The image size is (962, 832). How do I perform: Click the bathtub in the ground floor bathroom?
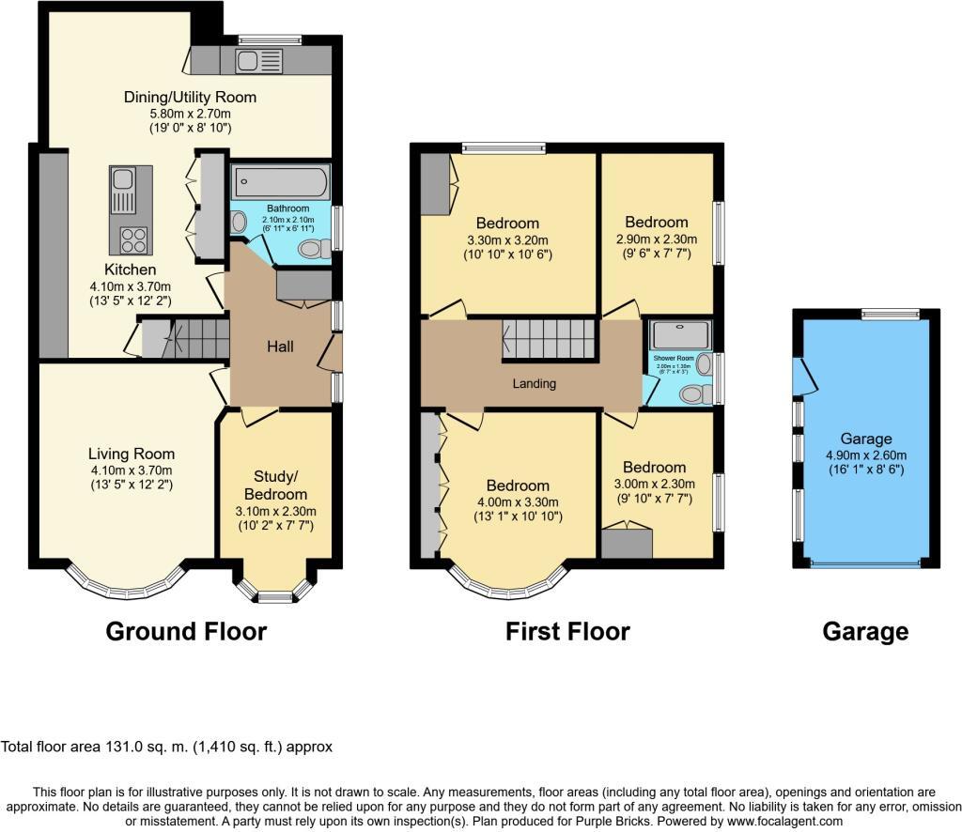click(x=280, y=180)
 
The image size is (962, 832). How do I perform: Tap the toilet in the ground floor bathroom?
click(x=314, y=249)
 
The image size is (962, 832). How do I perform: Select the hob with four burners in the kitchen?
click(x=132, y=240)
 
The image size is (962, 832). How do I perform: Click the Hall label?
click(x=280, y=347)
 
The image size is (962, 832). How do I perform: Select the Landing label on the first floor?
click(x=534, y=383)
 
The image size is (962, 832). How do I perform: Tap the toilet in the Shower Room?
click(x=695, y=394)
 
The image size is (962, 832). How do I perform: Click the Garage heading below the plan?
click(x=865, y=632)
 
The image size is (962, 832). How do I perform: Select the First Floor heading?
click(x=567, y=632)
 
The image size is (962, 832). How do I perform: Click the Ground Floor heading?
click(x=186, y=632)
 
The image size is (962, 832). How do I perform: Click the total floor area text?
click(x=167, y=747)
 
